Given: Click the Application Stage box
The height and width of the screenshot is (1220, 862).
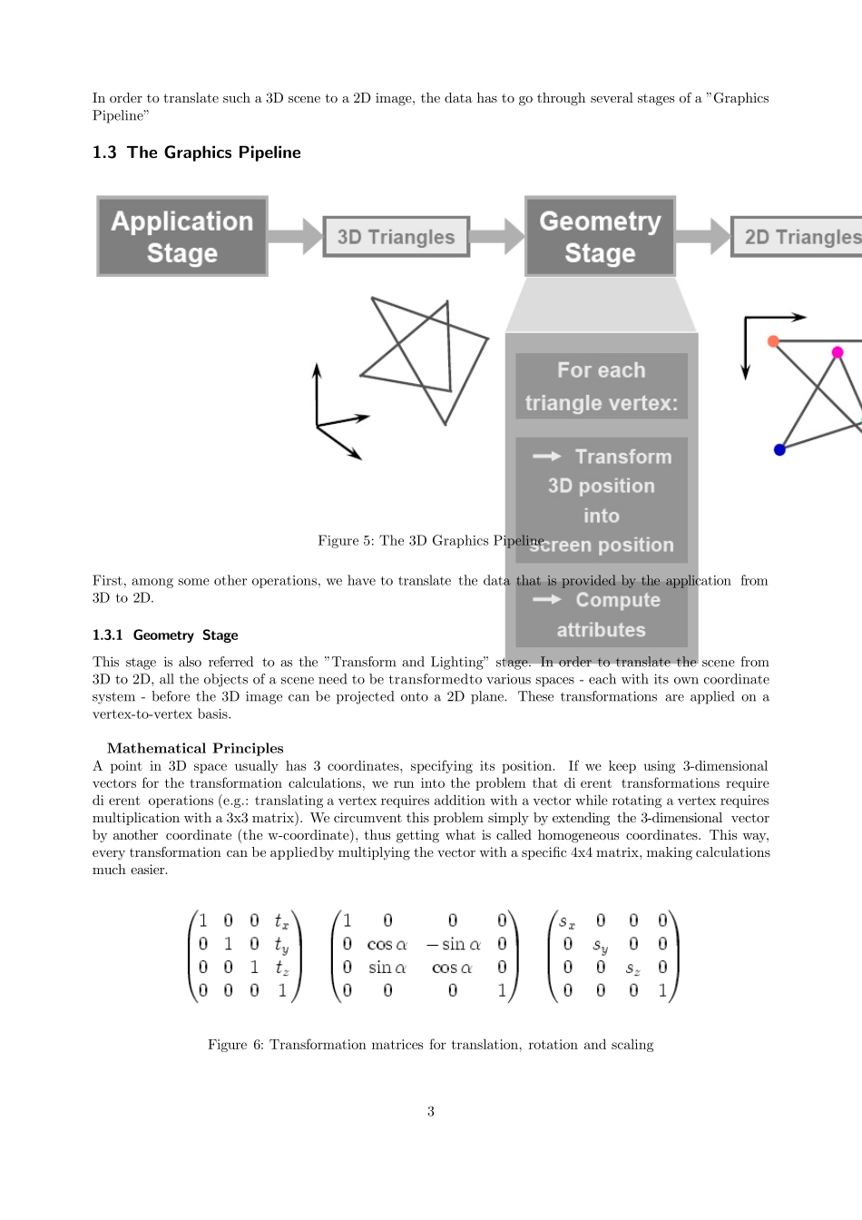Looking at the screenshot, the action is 181,236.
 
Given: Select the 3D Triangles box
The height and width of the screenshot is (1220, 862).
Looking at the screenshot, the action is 396,237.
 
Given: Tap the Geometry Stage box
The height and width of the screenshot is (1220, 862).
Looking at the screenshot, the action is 600,236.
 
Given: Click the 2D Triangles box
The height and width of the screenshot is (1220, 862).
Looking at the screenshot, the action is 797,237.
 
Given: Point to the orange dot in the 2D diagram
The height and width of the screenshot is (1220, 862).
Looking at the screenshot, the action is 773,341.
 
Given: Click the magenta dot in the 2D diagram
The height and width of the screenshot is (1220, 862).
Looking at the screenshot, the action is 838,352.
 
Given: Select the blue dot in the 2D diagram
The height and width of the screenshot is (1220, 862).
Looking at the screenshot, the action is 779,450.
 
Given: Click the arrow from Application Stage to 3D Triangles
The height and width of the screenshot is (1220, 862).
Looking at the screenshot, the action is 296,236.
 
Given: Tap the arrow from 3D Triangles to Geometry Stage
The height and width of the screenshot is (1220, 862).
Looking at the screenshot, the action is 497,236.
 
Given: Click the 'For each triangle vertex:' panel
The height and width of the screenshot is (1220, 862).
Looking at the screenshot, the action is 602,386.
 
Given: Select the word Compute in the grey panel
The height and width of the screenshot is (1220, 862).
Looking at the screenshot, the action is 618,600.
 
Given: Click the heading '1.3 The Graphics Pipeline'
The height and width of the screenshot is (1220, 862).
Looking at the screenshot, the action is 197,152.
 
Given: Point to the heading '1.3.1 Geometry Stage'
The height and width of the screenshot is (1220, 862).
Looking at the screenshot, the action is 165,635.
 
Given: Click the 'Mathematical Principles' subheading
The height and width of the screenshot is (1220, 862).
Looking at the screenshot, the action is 195,748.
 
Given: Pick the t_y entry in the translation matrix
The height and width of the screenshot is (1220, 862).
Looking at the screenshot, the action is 281,945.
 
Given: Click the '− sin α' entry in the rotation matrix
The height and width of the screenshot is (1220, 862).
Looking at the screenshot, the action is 453,944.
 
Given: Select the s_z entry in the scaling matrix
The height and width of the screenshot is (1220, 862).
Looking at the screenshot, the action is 632,968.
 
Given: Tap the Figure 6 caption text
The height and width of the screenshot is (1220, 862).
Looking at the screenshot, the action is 431,1045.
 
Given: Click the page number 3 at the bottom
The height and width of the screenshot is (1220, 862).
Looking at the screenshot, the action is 431,1111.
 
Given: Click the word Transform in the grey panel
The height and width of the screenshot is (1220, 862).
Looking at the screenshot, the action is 623,457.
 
